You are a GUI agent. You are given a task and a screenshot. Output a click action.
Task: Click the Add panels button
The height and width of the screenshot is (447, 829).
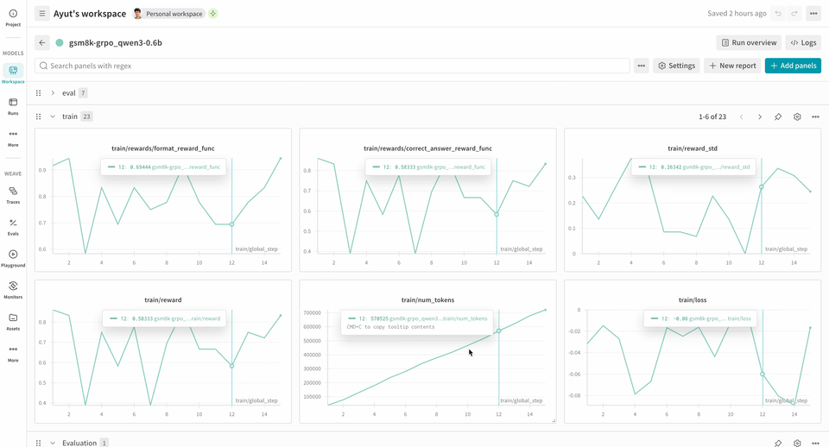(x=793, y=66)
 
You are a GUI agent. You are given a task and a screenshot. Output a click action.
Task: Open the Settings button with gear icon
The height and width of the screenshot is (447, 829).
(x=676, y=66)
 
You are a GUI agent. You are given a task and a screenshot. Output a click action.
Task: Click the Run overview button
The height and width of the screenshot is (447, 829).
(x=749, y=42)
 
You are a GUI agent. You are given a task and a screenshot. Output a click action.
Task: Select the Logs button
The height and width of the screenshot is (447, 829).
(x=803, y=42)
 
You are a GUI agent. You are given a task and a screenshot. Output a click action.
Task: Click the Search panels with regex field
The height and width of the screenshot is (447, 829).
(x=332, y=66)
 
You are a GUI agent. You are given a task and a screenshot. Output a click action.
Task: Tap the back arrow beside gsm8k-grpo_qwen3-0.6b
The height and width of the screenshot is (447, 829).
(x=42, y=42)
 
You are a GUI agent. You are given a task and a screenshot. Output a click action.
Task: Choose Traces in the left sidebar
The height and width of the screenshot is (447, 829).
(x=13, y=195)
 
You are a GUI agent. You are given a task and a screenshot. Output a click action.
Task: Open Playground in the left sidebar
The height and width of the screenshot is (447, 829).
(x=13, y=258)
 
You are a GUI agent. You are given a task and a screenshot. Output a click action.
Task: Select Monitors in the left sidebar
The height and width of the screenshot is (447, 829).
(x=13, y=289)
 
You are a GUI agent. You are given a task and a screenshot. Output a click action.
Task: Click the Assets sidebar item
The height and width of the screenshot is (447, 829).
(x=13, y=321)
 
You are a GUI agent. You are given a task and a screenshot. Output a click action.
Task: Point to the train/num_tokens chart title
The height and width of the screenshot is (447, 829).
(x=427, y=299)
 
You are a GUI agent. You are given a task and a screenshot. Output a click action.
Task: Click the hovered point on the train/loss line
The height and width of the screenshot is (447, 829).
(x=763, y=374)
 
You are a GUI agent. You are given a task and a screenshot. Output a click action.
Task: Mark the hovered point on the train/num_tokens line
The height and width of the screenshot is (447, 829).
(x=498, y=331)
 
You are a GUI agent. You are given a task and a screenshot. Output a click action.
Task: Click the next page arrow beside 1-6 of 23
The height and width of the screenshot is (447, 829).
(x=760, y=116)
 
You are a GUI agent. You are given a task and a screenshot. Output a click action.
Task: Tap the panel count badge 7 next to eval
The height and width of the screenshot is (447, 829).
(x=83, y=93)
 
